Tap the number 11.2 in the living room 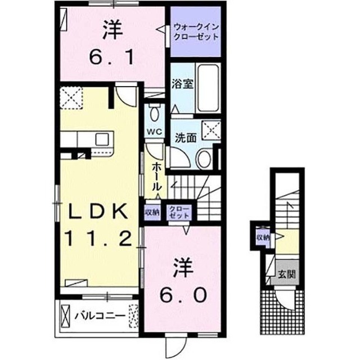click(100, 238)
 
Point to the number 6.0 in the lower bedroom click(183, 295)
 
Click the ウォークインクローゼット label click(196, 32)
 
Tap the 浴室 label click(182, 84)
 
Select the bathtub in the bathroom click(208, 88)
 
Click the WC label click(155, 132)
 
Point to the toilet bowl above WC click(155, 112)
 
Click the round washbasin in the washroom click(204, 159)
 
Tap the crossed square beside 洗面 click(211, 130)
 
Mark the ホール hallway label click(156, 176)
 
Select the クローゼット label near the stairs click(179, 212)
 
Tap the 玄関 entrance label click(286, 274)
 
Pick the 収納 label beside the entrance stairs click(263, 237)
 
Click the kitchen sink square click(102, 139)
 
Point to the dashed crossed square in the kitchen click(71, 97)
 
